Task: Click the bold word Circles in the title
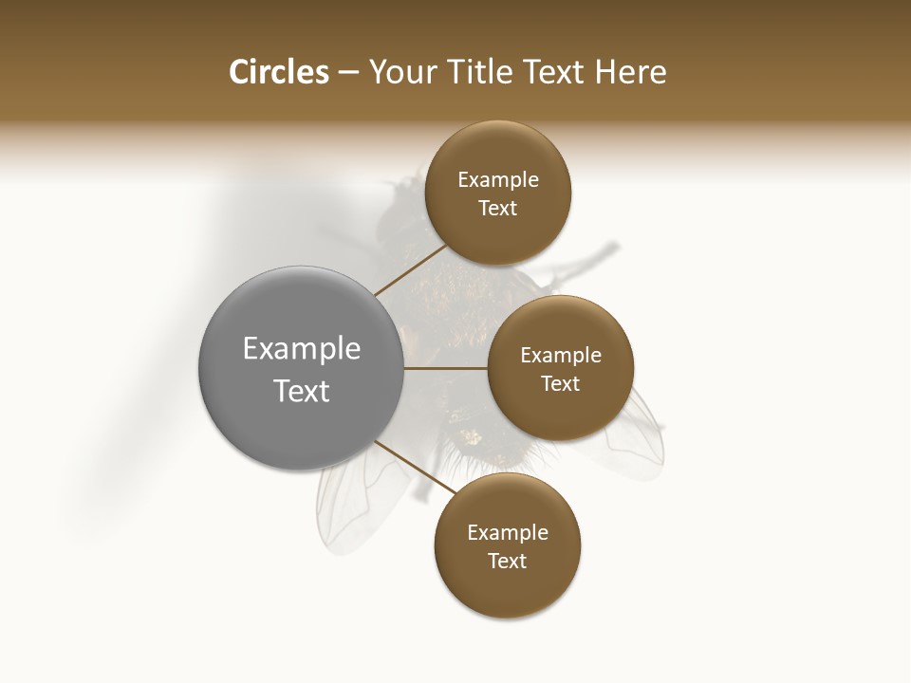279,72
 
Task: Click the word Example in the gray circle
302,349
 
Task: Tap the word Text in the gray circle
302,391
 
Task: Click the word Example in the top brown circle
498,180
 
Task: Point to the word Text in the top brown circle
498,209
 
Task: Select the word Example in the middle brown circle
561,356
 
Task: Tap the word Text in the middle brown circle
561,384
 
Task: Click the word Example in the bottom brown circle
508,533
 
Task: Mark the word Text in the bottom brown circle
508,562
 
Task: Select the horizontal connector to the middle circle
446,367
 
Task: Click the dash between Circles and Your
348,73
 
